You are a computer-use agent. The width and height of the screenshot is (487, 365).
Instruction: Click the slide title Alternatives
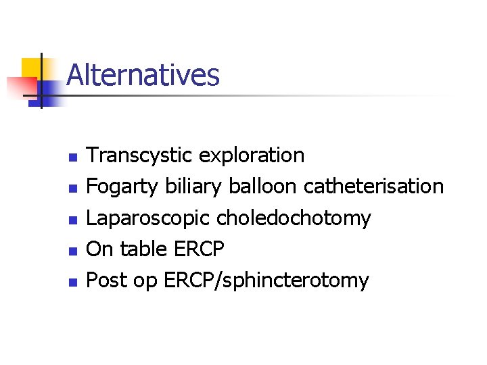click(x=143, y=74)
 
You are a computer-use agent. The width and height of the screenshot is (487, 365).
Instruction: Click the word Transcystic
click(x=140, y=155)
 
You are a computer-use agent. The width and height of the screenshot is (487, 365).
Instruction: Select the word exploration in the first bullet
click(x=251, y=155)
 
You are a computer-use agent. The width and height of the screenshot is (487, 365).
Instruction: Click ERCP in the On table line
click(x=198, y=249)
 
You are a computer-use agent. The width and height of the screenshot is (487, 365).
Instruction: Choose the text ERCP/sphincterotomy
click(x=266, y=281)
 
